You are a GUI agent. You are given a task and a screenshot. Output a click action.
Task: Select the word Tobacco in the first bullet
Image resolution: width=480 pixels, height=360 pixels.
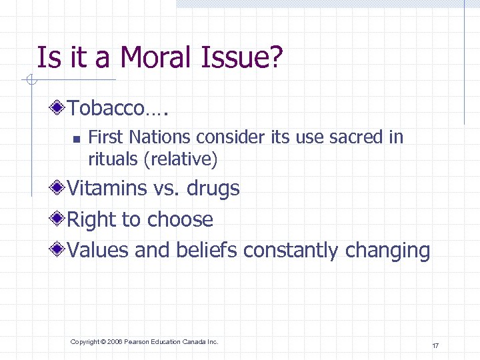pos(105,107)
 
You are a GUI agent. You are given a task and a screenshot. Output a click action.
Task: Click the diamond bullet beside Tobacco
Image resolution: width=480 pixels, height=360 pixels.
pos(59,107)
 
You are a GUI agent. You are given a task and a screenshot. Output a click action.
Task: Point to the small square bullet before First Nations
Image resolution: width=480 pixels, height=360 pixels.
pos(76,139)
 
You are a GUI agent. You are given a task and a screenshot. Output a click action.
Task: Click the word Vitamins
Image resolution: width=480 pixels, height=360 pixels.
pos(107,189)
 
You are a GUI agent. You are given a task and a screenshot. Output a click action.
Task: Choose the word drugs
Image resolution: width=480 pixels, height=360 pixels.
pos(213,189)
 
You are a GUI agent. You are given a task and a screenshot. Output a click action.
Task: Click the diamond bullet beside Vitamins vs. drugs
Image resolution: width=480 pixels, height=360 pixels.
pos(59,189)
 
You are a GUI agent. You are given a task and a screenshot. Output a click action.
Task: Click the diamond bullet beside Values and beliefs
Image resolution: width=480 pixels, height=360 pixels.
pos(59,251)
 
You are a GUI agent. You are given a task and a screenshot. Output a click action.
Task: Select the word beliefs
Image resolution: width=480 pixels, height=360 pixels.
pos(207,251)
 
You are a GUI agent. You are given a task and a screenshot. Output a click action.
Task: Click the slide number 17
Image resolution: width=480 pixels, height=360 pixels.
pos(435,345)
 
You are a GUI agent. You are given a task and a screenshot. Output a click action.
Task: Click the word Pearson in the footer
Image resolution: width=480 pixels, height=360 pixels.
pos(137,342)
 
